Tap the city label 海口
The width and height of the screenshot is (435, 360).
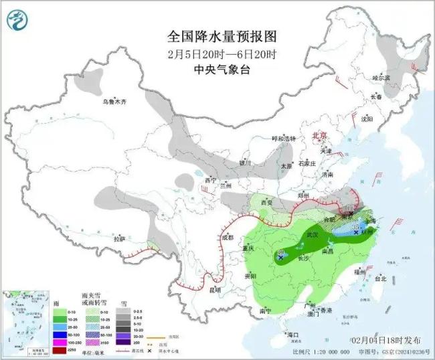coord(292,334)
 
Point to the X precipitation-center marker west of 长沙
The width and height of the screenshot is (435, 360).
coord(282,256)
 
